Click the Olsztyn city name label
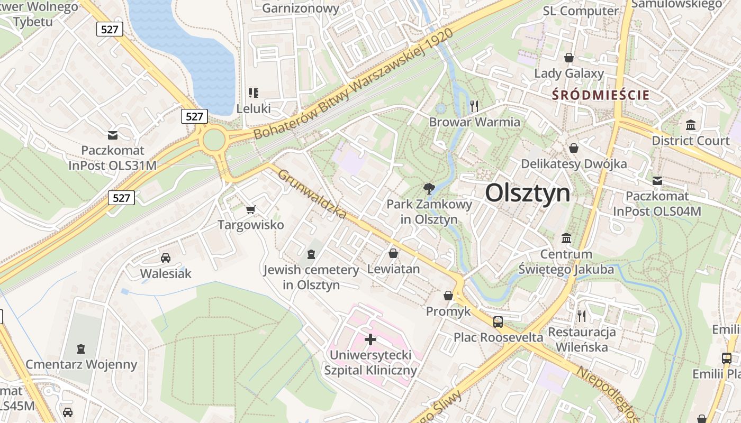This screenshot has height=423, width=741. coord(528,193)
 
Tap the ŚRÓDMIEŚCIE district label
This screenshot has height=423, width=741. coord(601,96)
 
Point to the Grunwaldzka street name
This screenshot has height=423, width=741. coord(312,194)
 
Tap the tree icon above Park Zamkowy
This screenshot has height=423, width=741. coord(429,189)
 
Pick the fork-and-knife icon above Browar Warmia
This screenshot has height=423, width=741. coord(474,106)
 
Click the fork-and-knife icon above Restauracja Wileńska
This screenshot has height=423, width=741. coord(582,316)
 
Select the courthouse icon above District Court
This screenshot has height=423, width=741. coord(691,125)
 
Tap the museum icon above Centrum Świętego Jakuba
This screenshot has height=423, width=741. coord(566,238)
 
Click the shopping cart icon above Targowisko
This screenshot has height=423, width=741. coord(251,209)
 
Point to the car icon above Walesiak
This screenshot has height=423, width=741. coord(166,258)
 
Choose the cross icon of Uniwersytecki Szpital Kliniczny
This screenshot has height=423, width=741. coord(370,339)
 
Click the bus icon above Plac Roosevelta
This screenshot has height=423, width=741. coord(498,321)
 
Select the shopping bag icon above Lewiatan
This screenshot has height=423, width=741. coord(393,253)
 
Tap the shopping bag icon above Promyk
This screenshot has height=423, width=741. coord(448,296)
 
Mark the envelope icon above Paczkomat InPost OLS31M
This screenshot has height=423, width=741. coord(113,135)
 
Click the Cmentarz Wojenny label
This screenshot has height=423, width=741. coord(82,364)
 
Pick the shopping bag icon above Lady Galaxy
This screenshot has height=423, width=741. coord(569,58)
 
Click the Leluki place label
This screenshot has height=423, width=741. coord(254,109)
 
